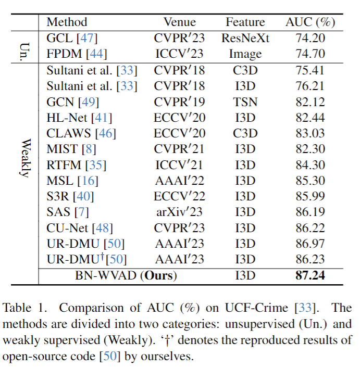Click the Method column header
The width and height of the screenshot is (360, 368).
click(67, 22)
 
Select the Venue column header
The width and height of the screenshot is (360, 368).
click(180, 22)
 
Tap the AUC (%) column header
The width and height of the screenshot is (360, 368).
click(310, 22)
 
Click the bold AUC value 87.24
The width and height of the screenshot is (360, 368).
click(310, 275)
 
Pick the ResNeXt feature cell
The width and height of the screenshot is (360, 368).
click(245, 38)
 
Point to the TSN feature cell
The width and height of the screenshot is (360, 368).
click(245, 102)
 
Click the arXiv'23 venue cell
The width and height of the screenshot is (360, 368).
click(180, 211)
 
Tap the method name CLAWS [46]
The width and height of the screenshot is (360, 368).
click(81, 133)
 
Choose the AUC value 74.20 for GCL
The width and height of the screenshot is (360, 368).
click(310, 38)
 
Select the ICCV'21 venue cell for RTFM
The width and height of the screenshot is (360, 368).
click(180, 165)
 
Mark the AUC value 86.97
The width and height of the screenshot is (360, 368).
click(310, 243)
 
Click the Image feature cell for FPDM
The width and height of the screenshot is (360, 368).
click(245, 54)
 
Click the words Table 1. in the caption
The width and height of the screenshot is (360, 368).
click(26, 308)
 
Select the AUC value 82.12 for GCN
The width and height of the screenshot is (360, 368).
click(310, 102)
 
